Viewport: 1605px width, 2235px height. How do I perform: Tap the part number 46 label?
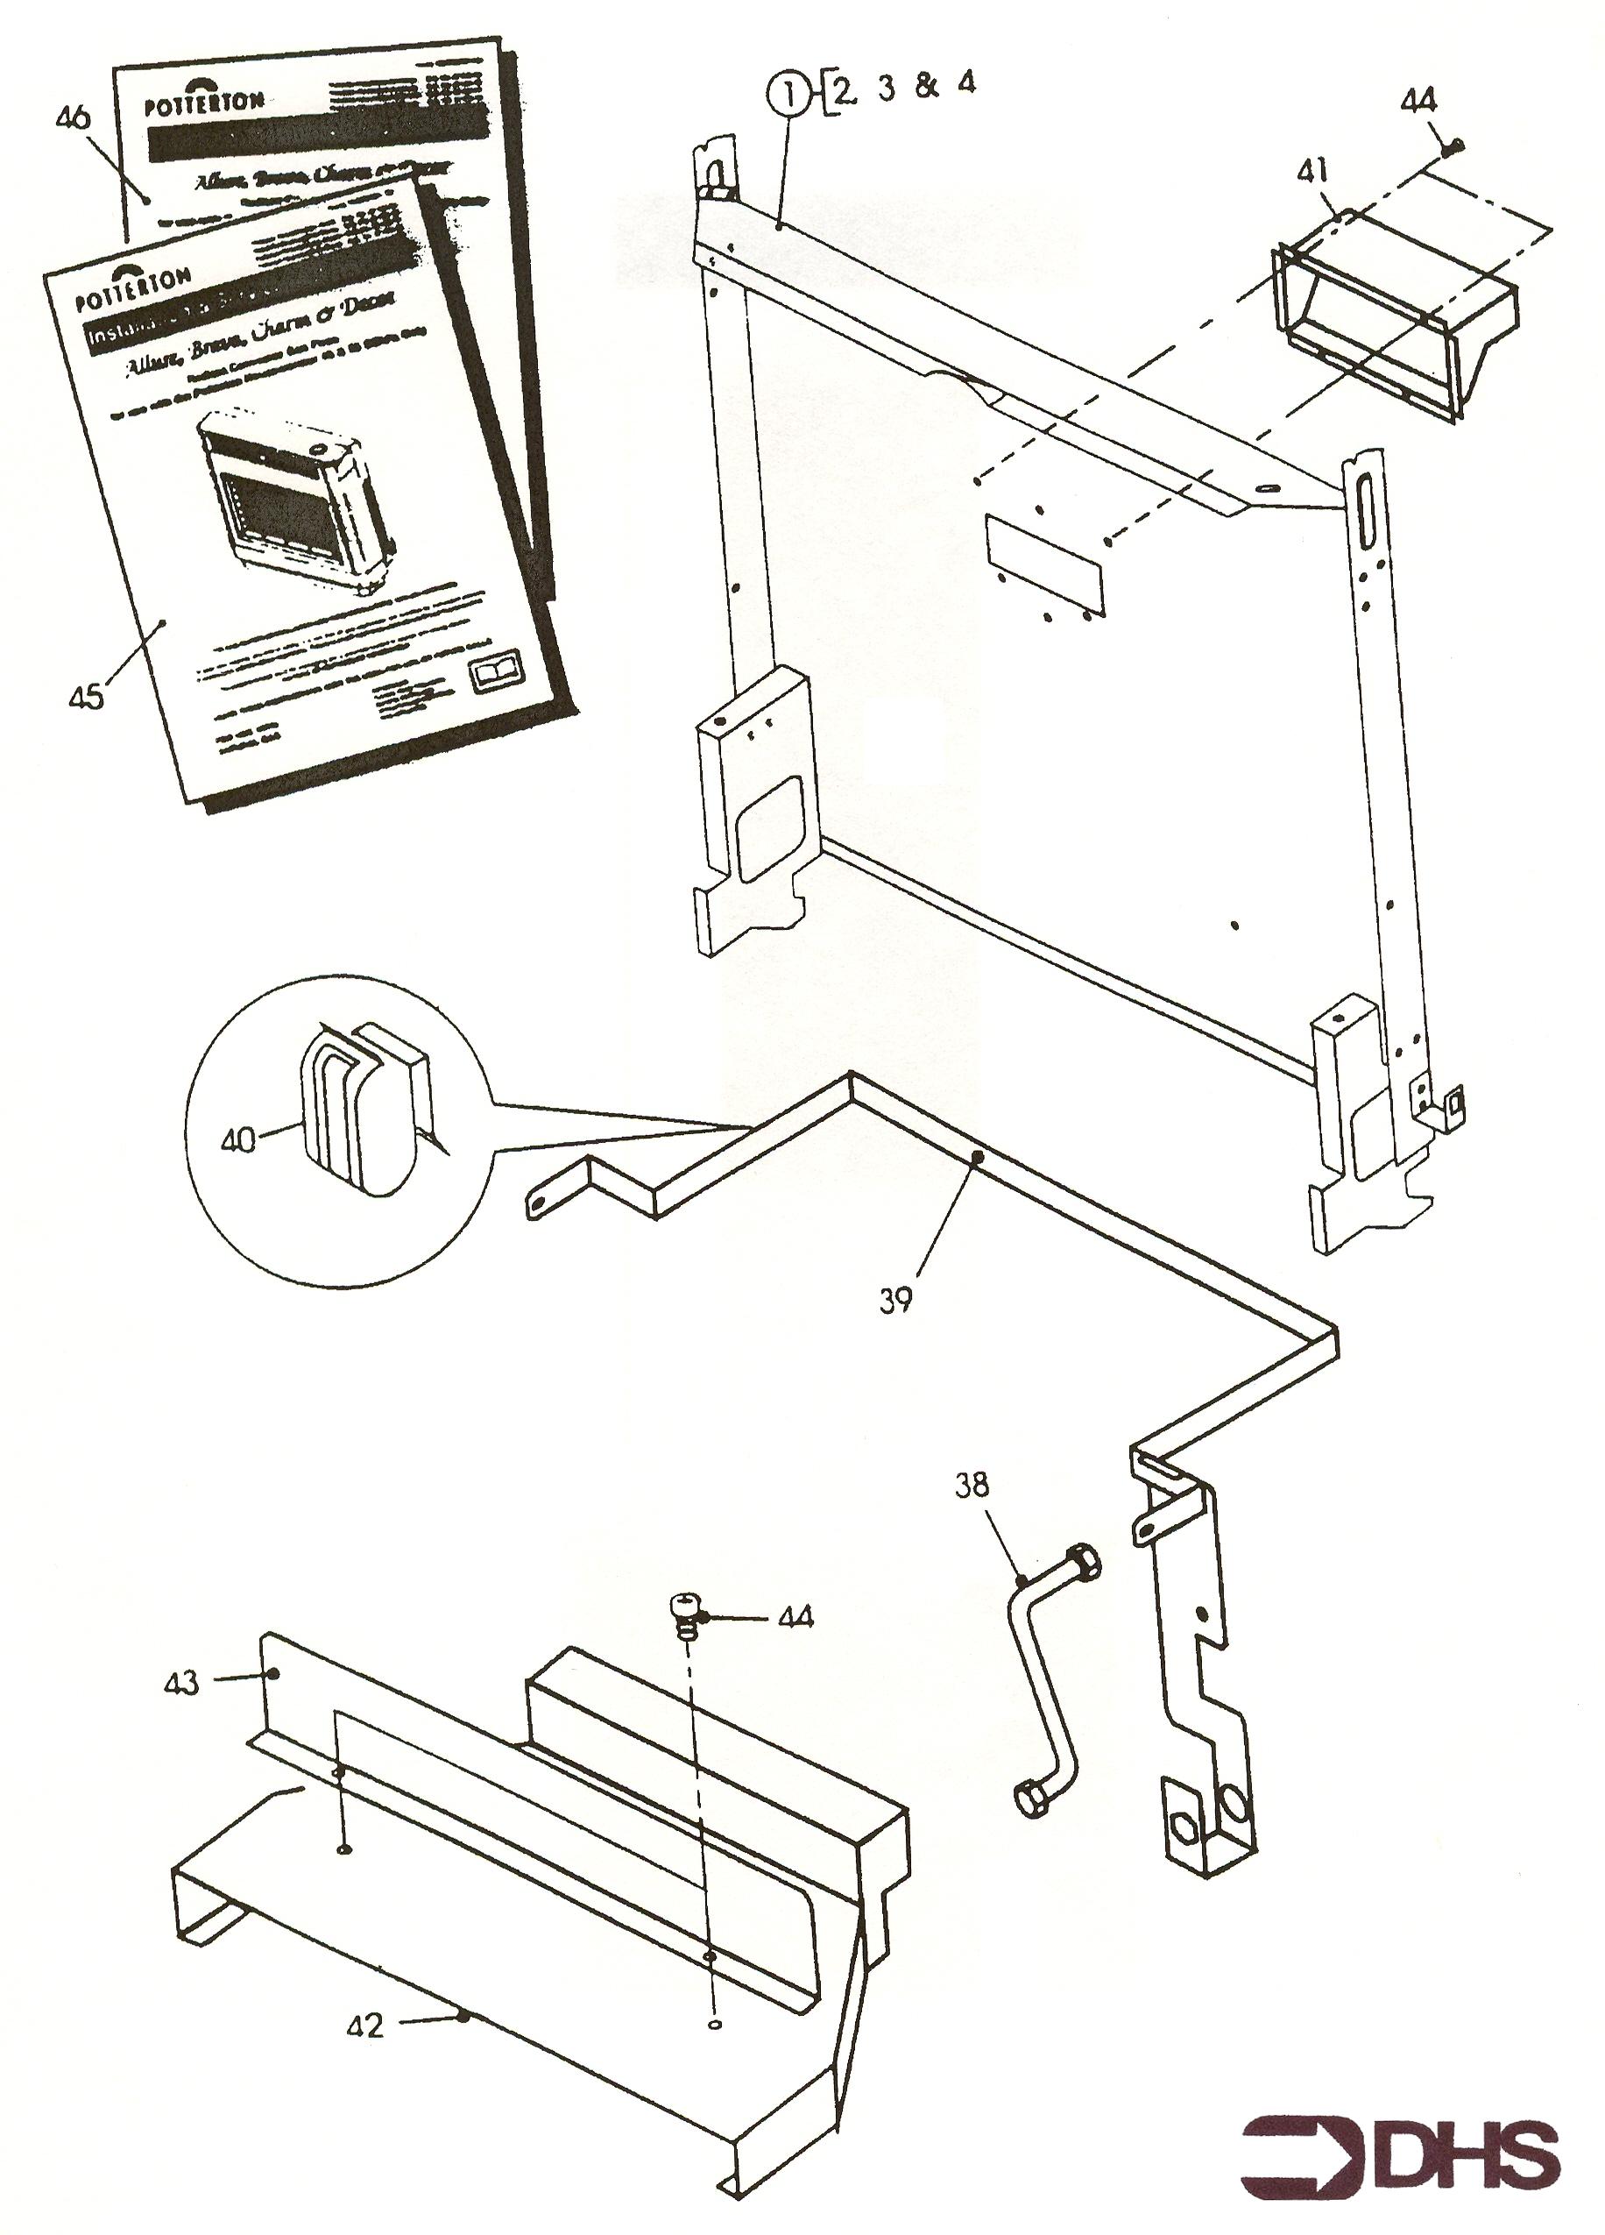73,118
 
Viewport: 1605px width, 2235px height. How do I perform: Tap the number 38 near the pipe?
972,1484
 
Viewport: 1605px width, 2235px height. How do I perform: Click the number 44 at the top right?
1418,101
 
